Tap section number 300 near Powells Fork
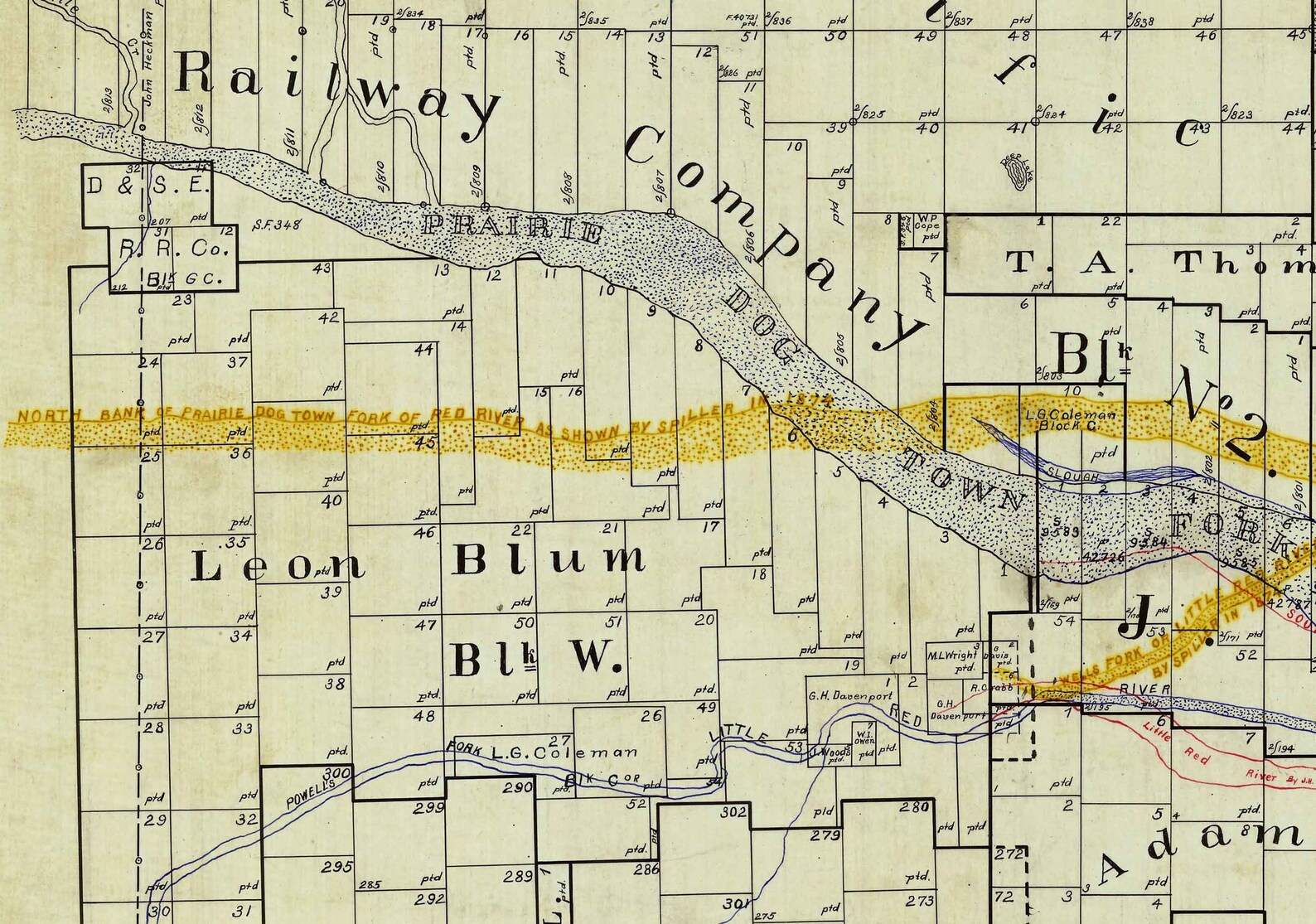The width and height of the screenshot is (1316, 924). point(341,772)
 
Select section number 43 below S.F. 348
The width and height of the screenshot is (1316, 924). point(322,268)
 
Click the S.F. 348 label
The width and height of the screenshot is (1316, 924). point(278,225)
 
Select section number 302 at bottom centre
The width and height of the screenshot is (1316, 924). point(733,812)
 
